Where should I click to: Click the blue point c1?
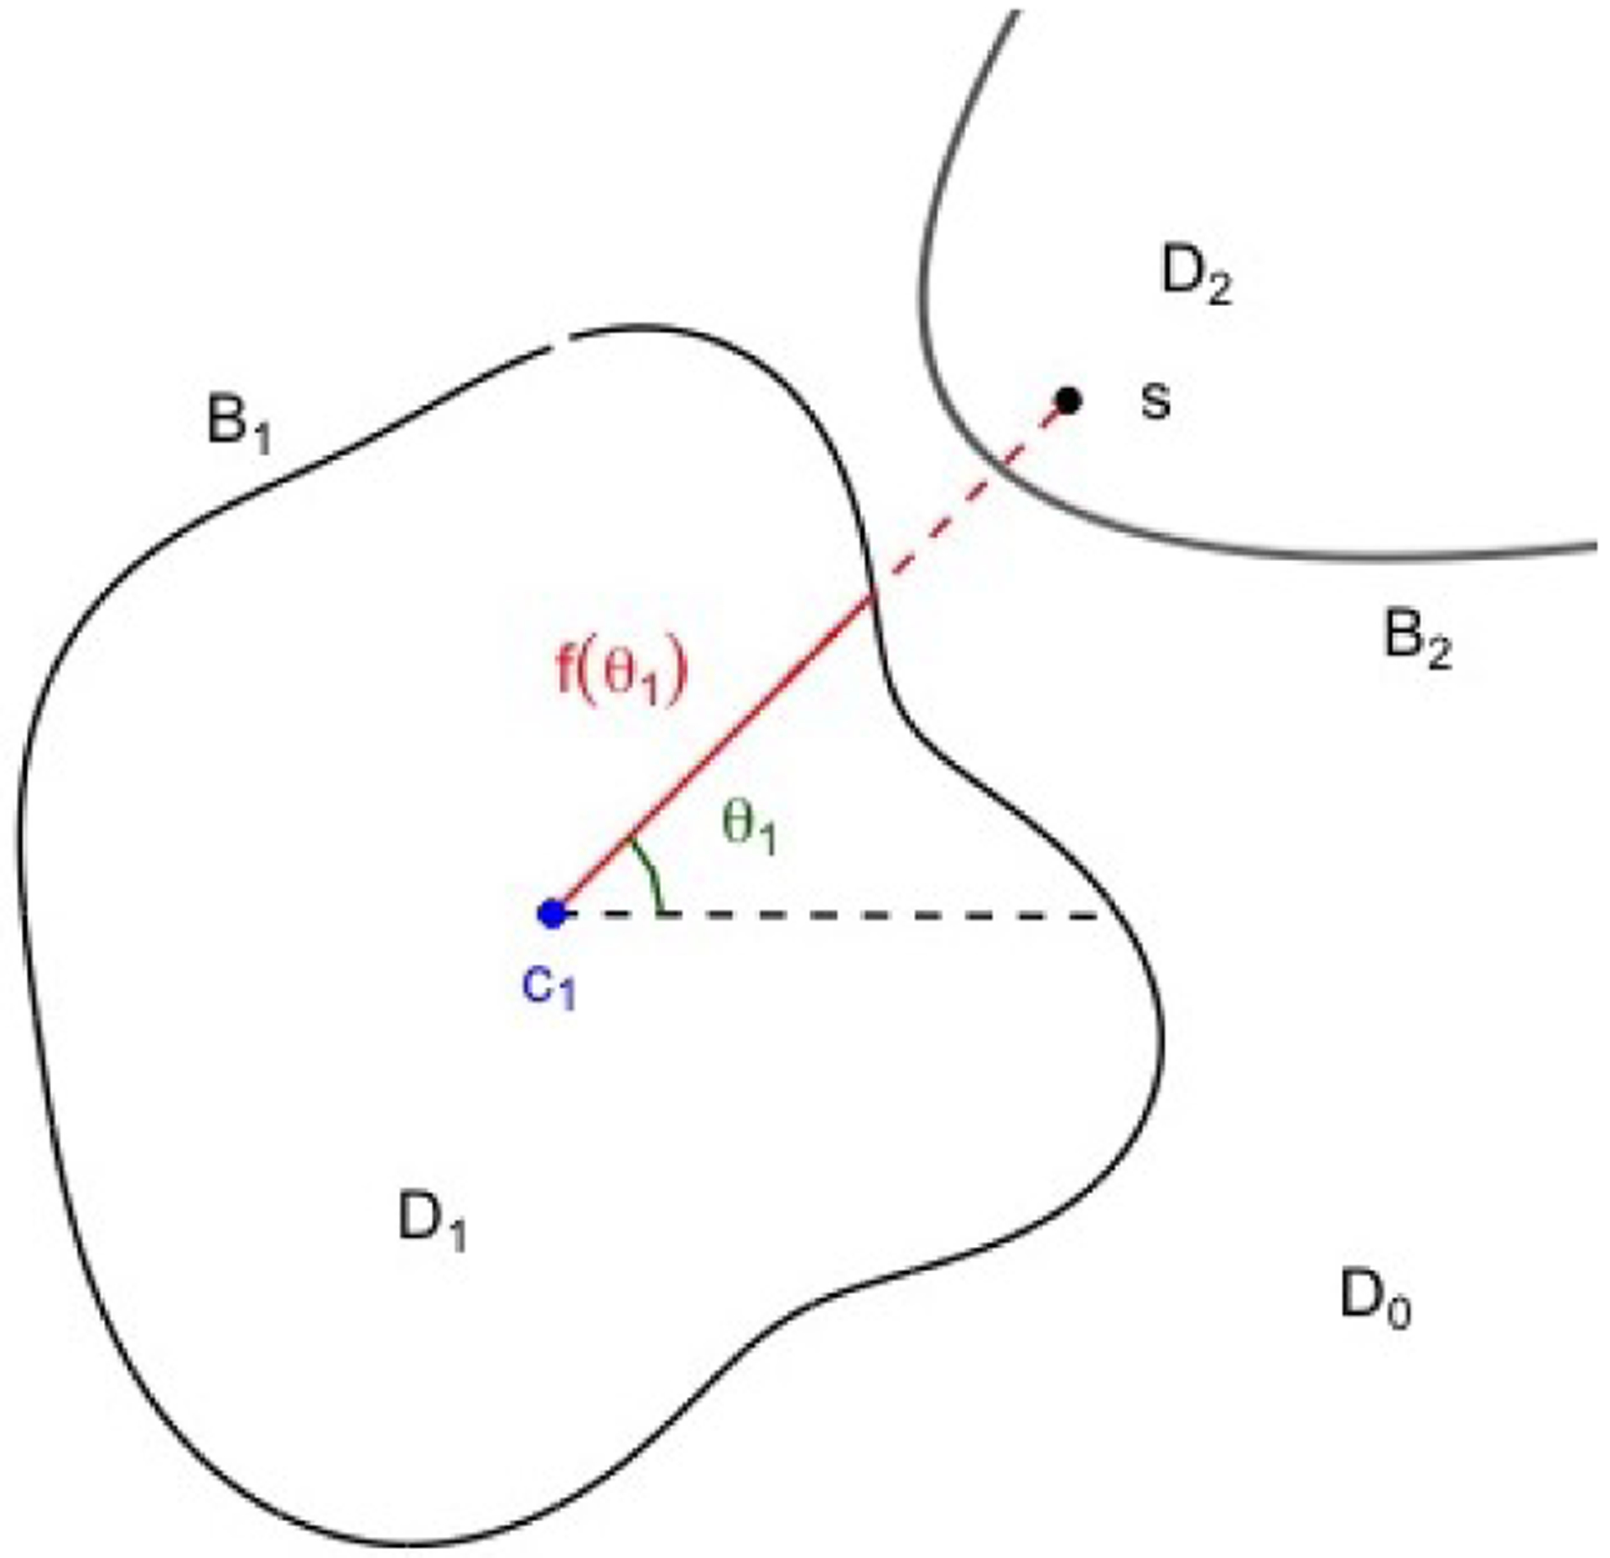pos(552,913)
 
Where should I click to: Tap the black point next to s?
pos(1067,402)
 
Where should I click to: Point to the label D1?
pos(431,1222)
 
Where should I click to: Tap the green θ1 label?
pos(749,826)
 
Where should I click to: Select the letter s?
pos(1155,402)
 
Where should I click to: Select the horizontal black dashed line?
pos(839,914)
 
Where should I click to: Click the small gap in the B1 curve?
pos(559,340)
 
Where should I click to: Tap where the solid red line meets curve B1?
pos(873,595)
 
